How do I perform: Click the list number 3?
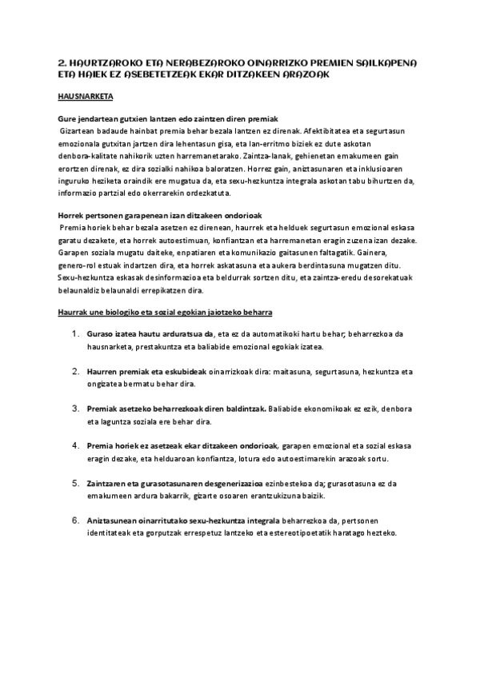76,409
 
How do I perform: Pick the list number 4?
76,445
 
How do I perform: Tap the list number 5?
76,483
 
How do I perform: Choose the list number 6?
76,520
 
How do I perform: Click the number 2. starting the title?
64,60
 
